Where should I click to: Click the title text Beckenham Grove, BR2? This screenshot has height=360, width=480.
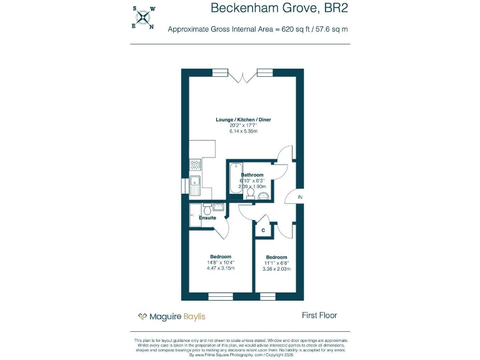pos(279,8)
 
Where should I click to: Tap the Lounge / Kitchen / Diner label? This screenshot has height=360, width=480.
pos(243,119)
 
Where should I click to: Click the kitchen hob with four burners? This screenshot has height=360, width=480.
pos(195,165)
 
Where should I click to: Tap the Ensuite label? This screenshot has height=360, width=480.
pos(207,217)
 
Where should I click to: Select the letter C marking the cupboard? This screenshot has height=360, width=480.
pos(263,231)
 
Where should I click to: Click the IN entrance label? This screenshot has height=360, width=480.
pos(300,197)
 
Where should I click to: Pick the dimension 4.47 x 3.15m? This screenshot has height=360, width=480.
pos(220,268)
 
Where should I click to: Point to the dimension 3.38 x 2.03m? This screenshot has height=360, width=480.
pos(277,269)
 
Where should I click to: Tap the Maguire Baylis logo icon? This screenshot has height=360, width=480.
pos(142,316)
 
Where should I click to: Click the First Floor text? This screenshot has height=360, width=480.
pos(319,316)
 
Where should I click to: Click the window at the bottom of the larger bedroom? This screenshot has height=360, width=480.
pos(219,296)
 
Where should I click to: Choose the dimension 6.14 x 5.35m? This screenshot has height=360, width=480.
pos(243,131)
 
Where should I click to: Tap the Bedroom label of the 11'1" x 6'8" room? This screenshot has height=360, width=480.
pos(277,257)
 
